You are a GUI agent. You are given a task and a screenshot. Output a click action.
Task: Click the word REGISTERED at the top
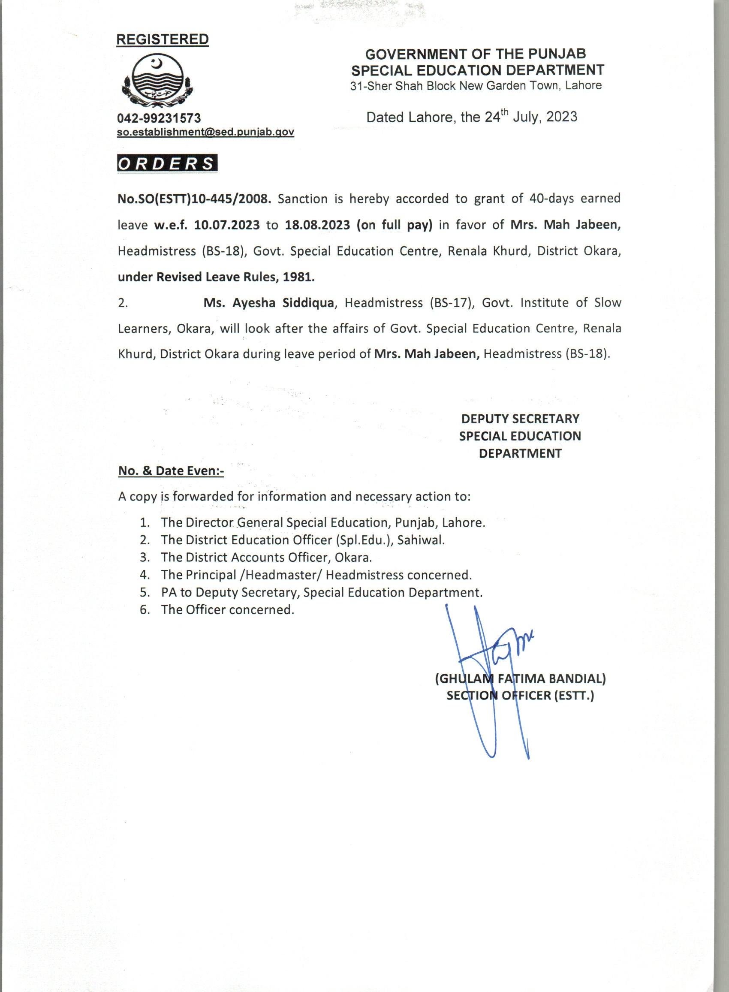[x=163, y=39]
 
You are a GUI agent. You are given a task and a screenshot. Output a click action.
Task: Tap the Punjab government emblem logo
[x=157, y=81]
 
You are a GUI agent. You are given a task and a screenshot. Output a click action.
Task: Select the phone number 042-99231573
[x=159, y=118]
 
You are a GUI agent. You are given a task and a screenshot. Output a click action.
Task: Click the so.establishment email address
[x=205, y=132]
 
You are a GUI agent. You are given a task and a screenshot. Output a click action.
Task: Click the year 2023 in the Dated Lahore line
[x=561, y=117]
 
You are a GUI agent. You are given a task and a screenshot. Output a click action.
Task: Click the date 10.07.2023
[x=227, y=225]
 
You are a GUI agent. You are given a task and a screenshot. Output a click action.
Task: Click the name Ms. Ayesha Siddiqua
[x=268, y=303]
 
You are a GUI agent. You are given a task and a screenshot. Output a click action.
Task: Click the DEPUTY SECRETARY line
[x=520, y=418]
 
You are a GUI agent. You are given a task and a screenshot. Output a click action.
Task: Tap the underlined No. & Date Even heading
[x=171, y=471]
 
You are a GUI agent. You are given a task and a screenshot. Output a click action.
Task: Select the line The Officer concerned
[x=227, y=609]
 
